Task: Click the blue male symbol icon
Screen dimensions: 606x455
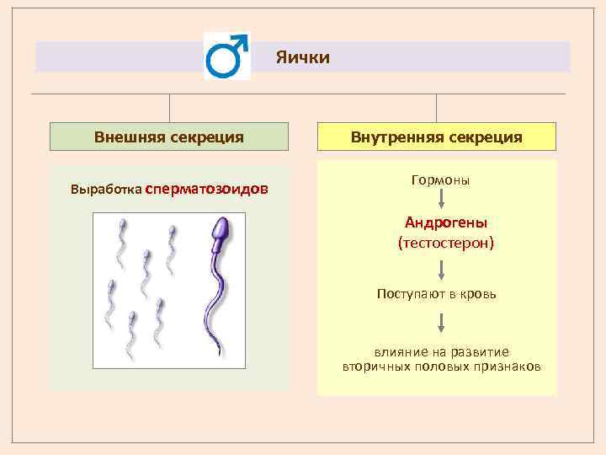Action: tap(226, 56)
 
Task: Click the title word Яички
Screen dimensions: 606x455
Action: tap(303, 57)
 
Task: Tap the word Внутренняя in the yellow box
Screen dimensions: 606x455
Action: tap(396, 137)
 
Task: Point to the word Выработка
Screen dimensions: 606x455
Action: tap(106, 190)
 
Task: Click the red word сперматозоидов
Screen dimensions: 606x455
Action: tap(207, 190)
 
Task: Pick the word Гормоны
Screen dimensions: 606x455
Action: tap(440, 180)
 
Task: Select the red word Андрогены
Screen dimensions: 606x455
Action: tap(446, 222)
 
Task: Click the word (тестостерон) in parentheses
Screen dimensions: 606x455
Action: tap(446, 244)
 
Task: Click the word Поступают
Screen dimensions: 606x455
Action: tap(411, 294)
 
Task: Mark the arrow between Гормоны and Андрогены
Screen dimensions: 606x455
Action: tap(441, 199)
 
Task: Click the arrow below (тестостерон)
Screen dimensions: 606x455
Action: tap(441, 270)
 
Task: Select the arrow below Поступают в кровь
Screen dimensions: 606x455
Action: tap(441, 323)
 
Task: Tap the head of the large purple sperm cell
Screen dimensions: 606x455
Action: tap(221, 231)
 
